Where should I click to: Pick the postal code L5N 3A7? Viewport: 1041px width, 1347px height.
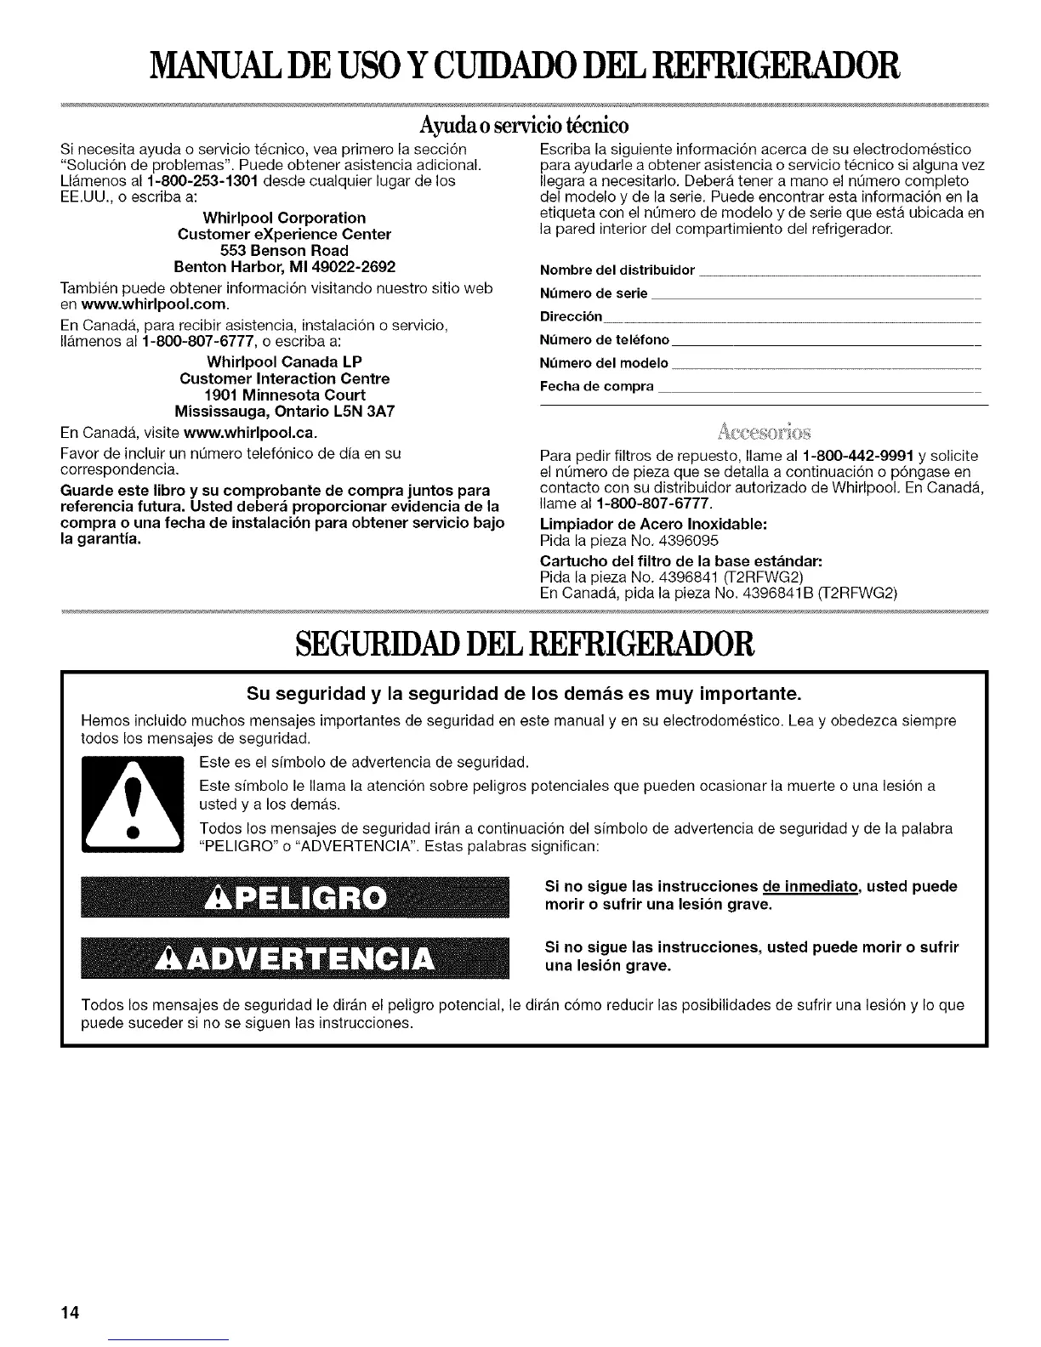(x=368, y=411)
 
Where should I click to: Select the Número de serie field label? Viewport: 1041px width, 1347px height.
(x=594, y=294)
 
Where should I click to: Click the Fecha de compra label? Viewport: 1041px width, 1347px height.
(x=597, y=387)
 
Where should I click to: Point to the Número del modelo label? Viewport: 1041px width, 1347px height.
(x=604, y=364)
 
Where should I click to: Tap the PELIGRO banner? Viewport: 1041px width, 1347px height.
(x=293, y=897)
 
